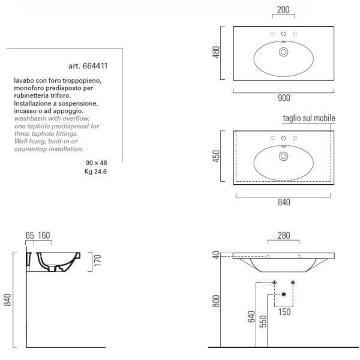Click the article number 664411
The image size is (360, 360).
[95, 66]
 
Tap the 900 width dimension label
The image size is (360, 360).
[284, 98]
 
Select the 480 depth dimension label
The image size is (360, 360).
[216, 52]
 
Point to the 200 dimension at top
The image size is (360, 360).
[283, 10]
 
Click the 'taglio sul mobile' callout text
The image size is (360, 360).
[309, 118]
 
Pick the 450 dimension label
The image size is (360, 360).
[216, 156]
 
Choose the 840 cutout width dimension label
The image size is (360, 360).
[284, 202]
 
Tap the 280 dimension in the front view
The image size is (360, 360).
[284, 236]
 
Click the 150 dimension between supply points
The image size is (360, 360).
[284, 312]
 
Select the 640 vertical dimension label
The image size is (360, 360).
[251, 317]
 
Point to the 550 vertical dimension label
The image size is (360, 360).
[263, 321]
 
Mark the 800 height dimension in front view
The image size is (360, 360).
[216, 301]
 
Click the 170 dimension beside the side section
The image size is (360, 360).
[98, 260]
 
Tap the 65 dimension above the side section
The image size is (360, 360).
[29, 236]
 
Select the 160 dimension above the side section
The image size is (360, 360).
[44, 236]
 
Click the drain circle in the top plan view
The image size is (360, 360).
[284, 52]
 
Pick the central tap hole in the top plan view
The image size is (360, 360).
[284, 34]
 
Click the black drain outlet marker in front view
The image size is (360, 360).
[284, 295]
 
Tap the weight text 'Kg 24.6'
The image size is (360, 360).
[95, 172]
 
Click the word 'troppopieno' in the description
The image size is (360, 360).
[82, 81]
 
